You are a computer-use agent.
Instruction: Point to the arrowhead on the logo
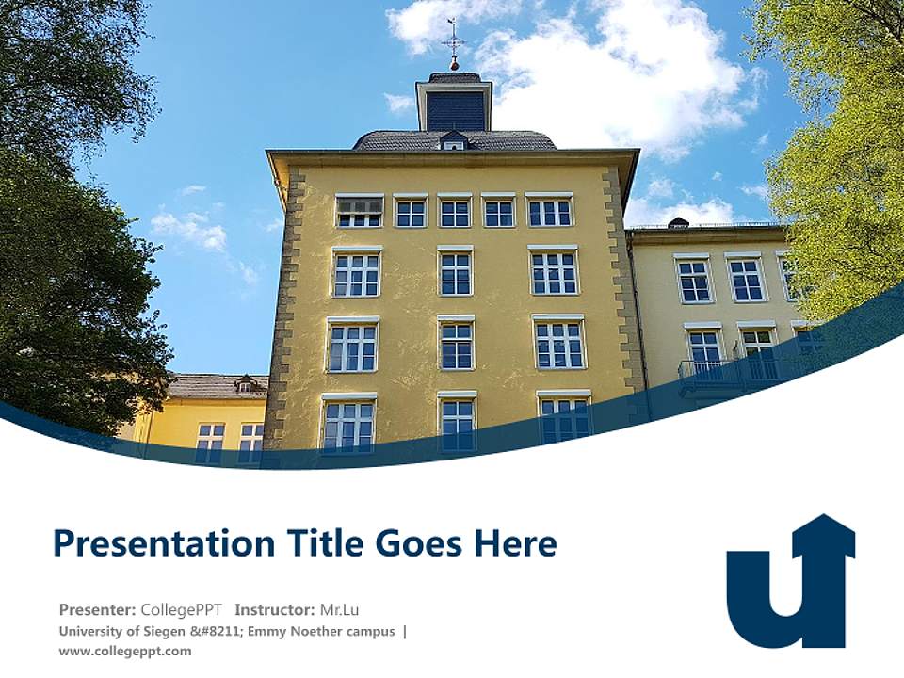coord(823,534)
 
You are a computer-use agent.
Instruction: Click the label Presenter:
coord(98,609)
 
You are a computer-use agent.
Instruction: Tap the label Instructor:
coord(274,609)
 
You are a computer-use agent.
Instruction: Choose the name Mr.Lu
coord(340,609)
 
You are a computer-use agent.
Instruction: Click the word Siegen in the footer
coord(164,631)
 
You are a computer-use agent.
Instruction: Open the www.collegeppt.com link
coord(124,651)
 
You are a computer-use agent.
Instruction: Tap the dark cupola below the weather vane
coord(454,105)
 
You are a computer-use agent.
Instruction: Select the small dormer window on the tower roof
coord(454,141)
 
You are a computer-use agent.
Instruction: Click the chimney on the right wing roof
coord(678,223)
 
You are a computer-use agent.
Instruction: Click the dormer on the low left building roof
coord(247,384)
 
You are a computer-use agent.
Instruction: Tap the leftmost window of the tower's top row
coord(360,211)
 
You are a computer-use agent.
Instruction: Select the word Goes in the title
coord(416,544)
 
